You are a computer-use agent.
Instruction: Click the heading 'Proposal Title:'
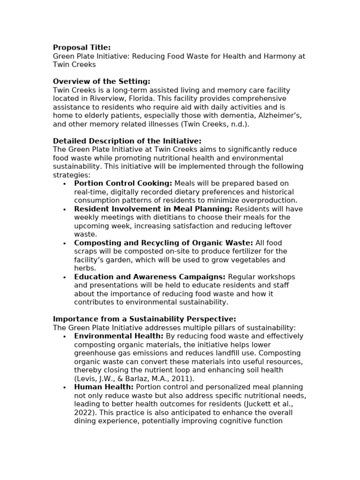(x=82, y=47)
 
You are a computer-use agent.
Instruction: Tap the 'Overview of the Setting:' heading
(x=102, y=82)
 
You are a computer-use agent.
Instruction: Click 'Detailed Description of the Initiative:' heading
(x=127, y=141)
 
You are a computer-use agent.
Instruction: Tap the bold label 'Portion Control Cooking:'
(x=123, y=183)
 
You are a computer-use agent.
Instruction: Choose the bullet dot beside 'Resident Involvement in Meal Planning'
(x=64, y=209)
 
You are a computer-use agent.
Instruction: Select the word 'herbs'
(x=84, y=268)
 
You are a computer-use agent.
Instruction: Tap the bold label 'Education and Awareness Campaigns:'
(x=150, y=277)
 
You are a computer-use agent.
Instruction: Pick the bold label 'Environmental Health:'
(x=119, y=336)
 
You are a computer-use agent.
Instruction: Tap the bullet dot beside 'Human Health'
(x=64, y=387)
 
